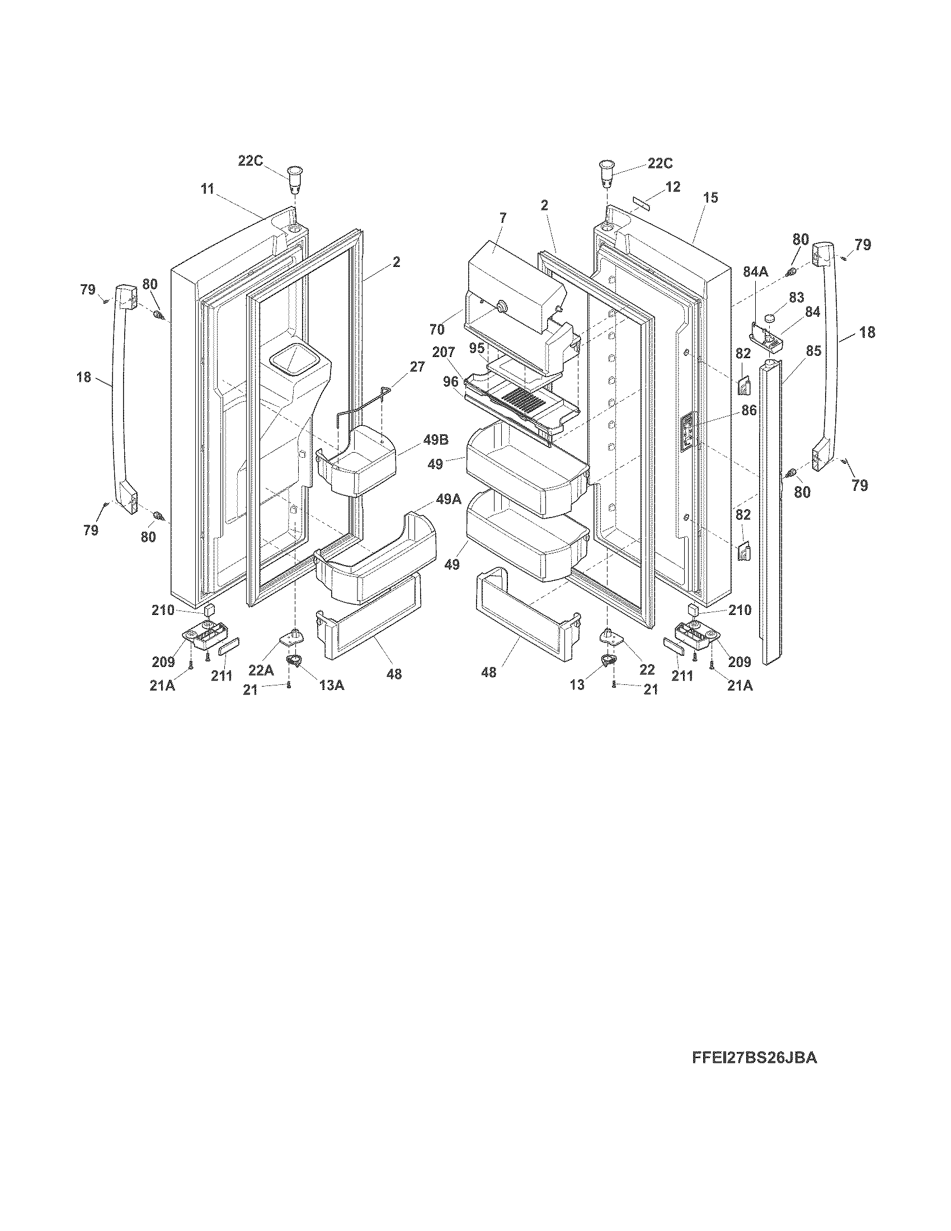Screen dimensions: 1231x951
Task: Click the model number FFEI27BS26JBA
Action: tap(754, 1058)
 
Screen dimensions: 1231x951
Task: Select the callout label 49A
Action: tap(449, 499)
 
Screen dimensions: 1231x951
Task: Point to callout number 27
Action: tap(417, 367)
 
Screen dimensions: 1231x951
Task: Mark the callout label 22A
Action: tap(261, 670)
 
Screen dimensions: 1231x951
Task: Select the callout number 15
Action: tap(711, 198)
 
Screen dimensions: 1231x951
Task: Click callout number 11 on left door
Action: tap(208, 189)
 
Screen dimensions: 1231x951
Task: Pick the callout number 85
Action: tap(813, 351)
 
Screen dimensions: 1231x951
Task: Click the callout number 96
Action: tap(450, 381)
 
